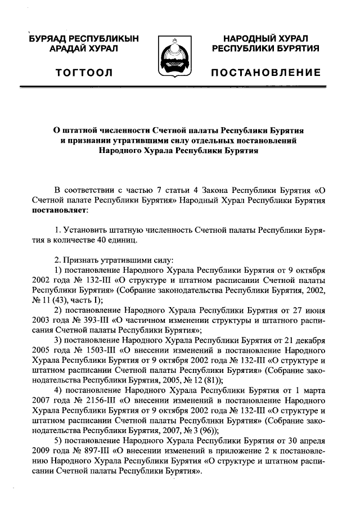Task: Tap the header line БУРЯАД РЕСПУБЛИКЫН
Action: coord(84,39)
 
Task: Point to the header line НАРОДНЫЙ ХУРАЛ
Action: coord(266,39)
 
